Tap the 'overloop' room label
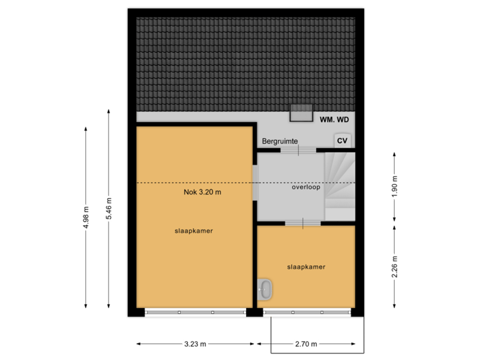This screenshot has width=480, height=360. [306, 187]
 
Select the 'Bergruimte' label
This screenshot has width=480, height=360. [280, 141]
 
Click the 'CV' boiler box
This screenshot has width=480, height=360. [343, 141]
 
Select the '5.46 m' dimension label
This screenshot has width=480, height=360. [110, 209]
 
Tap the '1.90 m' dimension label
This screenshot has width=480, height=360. [395, 187]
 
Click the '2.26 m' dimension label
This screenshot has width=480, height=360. [395, 267]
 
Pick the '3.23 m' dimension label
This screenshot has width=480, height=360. [195, 344]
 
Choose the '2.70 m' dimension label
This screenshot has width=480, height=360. [306, 344]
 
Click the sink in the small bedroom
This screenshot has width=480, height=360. [265, 290]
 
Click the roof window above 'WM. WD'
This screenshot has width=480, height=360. [301, 113]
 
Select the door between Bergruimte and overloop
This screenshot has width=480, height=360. [299, 150]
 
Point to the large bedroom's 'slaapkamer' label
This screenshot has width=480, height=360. [194, 231]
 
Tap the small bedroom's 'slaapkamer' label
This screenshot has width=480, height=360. [306, 267]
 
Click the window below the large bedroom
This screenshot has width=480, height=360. [195, 312]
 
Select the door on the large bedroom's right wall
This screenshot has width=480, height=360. [254, 183]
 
